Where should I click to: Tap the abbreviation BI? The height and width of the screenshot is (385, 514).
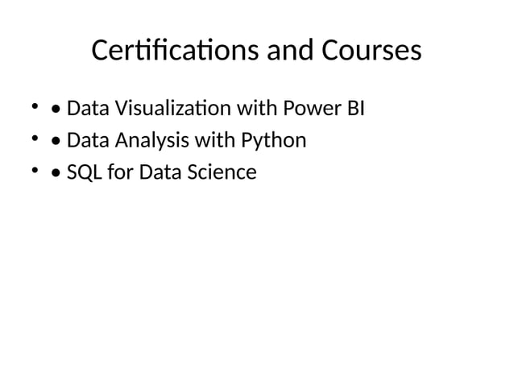pyautogui.click(x=355, y=108)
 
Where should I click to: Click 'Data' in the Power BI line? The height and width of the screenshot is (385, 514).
pyautogui.click(x=87, y=108)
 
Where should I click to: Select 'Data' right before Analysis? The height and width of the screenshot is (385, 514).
pyautogui.click(x=87, y=141)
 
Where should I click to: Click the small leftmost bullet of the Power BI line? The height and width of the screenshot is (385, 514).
pyautogui.click(x=35, y=106)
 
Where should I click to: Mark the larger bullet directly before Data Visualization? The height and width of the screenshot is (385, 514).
pyautogui.click(x=55, y=109)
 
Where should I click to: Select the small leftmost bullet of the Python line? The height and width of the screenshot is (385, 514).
pyautogui.click(x=35, y=139)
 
